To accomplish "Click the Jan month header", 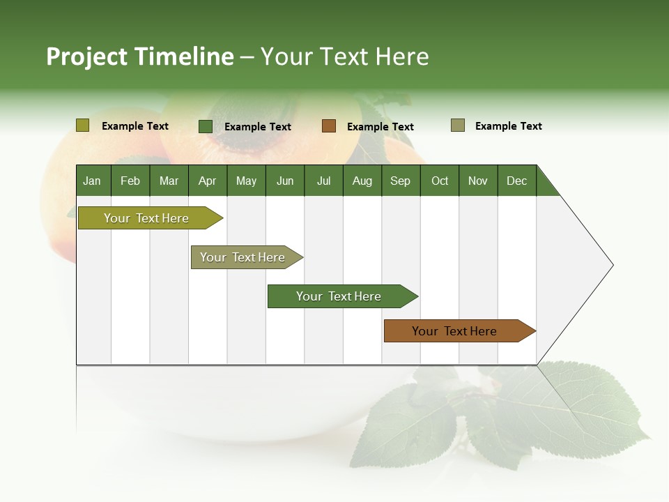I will [x=92, y=181].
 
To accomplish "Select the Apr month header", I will [x=207, y=181].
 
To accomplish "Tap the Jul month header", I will [x=323, y=181].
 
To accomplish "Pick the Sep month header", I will [x=400, y=181].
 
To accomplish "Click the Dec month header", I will [x=516, y=181].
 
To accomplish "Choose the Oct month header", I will [x=440, y=181].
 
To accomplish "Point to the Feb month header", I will [x=130, y=181].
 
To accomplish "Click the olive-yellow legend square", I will [x=83, y=125].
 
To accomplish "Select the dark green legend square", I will [x=206, y=126].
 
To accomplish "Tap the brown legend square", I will [x=329, y=126].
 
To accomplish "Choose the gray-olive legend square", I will [x=458, y=125].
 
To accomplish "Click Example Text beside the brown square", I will [x=380, y=127].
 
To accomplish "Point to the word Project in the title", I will [x=87, y=56].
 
